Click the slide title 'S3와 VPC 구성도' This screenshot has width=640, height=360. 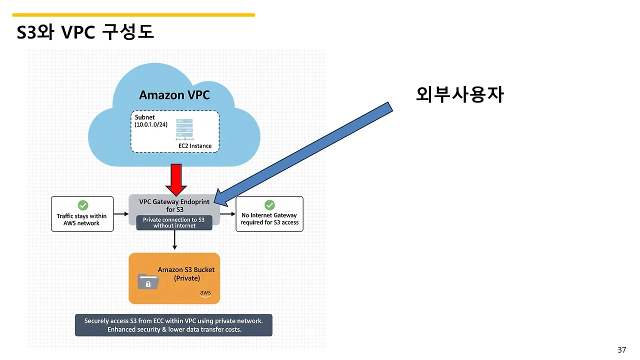click(85, 31)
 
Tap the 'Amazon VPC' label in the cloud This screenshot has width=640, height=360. click(174, 95)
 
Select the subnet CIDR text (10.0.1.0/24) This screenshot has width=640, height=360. click(151, 124)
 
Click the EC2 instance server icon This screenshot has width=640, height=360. click(184, 129)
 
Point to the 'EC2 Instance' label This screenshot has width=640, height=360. click(195, 145)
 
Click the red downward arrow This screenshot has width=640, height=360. click(176, 179)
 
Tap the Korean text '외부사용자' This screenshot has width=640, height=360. click(459, 94)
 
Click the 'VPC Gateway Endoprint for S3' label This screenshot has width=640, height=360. click(174, 205)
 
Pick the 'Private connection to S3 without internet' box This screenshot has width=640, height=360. click(174, 222)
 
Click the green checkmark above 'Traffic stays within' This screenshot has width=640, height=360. click(83, 205)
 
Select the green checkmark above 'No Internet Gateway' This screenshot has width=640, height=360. click(269, 205)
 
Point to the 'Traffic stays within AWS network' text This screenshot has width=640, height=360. click(81, 219)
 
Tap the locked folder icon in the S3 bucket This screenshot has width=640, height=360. click(148, 281)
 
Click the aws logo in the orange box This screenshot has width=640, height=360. click(205, 293)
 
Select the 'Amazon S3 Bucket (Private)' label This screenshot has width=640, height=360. click(186, 273)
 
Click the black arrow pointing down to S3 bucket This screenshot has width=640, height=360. click(174, 239)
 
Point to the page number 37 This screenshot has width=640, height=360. click(621, 349)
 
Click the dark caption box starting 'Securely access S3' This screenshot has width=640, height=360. click(173, 325)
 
